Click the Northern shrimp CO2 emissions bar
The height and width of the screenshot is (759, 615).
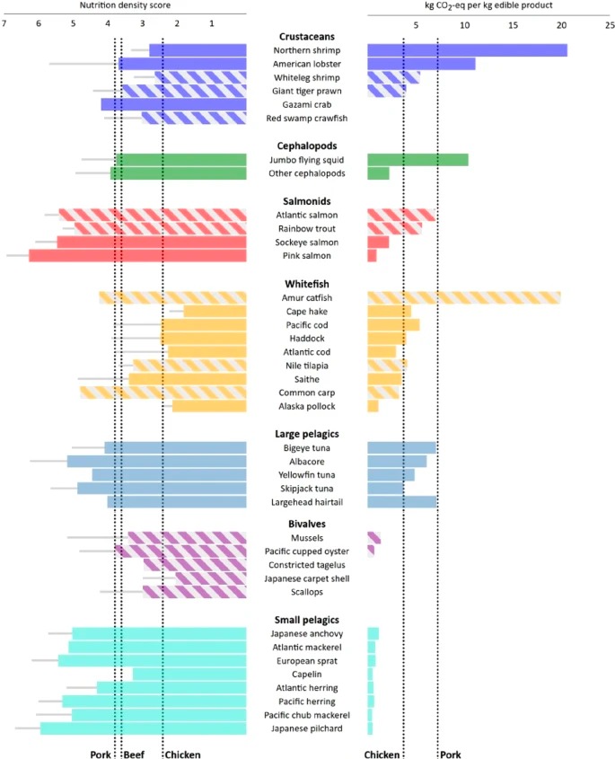468,50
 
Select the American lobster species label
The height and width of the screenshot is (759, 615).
307,64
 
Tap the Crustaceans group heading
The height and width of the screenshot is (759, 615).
307,36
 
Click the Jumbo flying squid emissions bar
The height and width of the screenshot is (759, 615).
418,160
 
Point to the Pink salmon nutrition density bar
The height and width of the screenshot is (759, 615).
137,256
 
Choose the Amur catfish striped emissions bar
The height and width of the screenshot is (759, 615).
464,297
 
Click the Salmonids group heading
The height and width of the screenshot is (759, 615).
307,201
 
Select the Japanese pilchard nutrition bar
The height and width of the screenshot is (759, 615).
144,728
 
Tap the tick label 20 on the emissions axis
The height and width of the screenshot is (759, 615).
561,25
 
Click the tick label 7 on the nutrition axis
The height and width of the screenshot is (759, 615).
4,23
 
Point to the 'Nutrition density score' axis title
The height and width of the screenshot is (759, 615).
125,5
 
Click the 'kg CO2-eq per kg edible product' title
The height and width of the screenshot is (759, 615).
488,5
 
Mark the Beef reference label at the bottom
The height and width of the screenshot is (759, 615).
134,755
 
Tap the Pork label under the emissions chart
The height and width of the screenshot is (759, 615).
451,755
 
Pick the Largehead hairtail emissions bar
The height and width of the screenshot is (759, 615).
402,502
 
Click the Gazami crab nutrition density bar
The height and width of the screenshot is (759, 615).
173,104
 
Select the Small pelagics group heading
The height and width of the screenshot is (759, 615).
307,620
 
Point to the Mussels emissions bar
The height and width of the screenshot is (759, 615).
374,538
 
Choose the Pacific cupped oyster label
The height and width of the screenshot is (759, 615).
307,552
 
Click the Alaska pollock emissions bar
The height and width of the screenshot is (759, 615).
373,406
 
